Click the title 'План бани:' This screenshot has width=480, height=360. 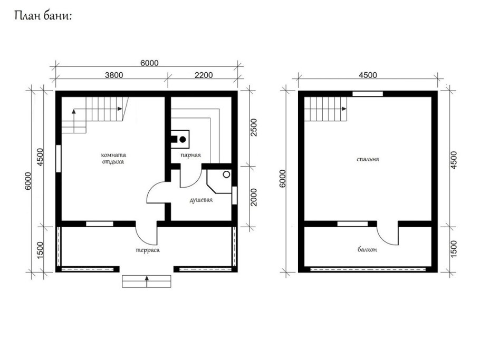(43, 16)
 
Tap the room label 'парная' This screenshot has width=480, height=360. (190, 155)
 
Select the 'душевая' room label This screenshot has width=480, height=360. (201, 200)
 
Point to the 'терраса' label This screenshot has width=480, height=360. (148, 250)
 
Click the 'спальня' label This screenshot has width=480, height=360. (368, 159)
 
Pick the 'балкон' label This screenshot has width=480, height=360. (367, 250)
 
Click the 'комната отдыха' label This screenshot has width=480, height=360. (113, 158)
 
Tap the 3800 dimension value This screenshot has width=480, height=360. (114, 75)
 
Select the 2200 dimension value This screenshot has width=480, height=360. (204, 75)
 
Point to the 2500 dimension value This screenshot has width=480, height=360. (254, 128)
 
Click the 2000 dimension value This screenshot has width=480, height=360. (254, 197)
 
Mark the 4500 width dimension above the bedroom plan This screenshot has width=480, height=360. (368, 75)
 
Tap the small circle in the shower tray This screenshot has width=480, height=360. (226, 174)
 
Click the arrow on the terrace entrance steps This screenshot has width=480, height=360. (147, 281)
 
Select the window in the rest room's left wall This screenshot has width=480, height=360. (58, 159)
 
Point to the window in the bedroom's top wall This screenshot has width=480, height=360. (367, 94)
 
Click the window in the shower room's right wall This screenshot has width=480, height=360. (234, 195)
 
